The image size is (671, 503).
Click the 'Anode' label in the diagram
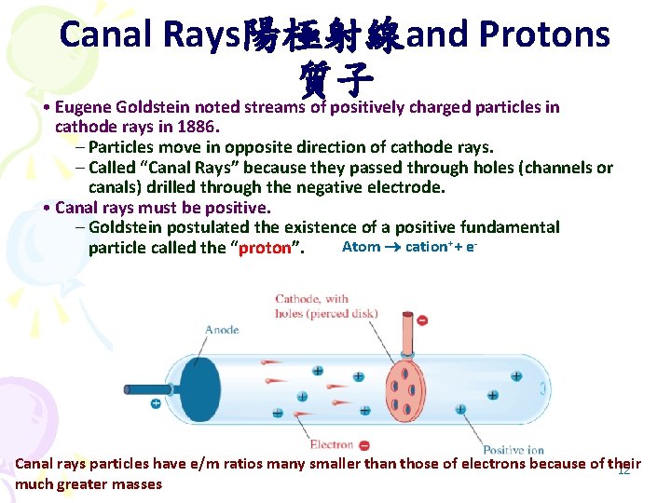[x=222, y=330]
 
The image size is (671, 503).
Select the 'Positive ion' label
[x=514, y=450]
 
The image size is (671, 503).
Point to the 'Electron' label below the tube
[x=332, y=445]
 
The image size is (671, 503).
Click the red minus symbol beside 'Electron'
[x=363, y=446]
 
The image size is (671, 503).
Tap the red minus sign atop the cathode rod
[x=422, y=320]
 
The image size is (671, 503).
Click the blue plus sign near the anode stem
[x=156, y=403]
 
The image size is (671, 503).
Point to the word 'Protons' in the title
[x=544, y=35]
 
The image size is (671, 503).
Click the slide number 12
[x=623, y=471]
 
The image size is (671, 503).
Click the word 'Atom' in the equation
[x=361, y=247]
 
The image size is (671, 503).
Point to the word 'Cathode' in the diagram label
[x=297, y=299]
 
